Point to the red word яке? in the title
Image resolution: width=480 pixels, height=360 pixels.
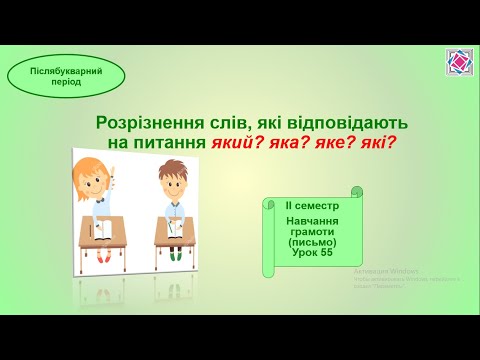click(335, 142)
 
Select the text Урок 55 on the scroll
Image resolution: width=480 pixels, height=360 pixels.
click(311, 253)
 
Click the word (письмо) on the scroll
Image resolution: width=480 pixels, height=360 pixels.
click(311, 242)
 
